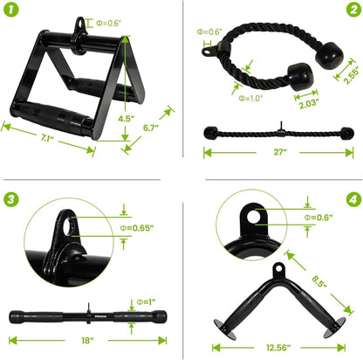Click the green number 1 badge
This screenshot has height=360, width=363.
(11, 11)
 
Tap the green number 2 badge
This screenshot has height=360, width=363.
(351, 11)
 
